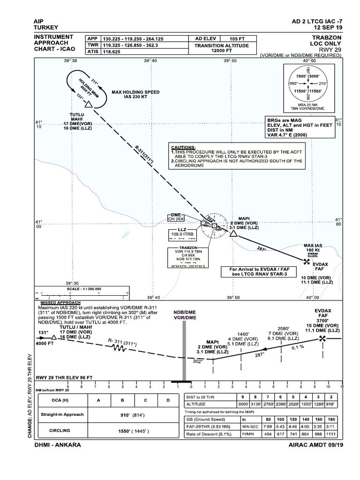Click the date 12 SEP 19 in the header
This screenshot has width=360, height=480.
323,27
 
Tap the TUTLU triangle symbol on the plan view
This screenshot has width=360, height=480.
88,105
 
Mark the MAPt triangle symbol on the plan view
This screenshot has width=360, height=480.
233,233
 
